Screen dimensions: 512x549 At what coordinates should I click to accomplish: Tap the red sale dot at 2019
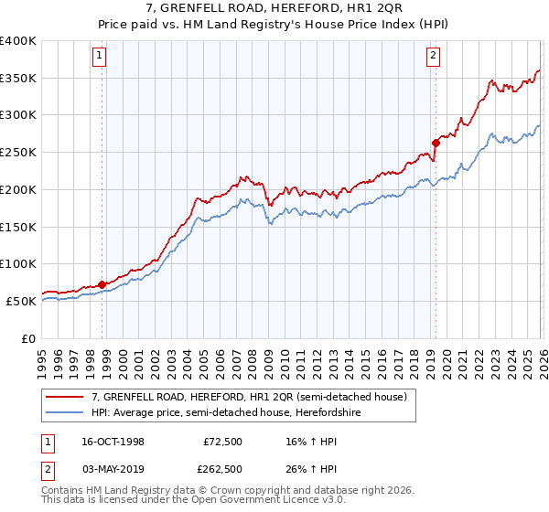tap(436, 142)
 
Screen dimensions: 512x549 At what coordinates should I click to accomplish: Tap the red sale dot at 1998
tap(102, 283)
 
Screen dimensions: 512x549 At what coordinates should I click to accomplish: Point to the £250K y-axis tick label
tap(18, 152)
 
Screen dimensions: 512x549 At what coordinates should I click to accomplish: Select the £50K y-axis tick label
tap(22, 301)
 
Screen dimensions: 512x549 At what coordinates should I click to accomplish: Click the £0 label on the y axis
tap(29, 338)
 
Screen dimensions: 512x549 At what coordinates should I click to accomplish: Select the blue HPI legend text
tap(238, 412)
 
